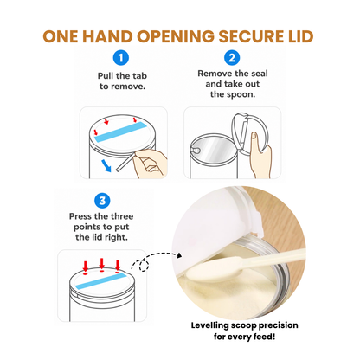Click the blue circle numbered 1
point(120,58)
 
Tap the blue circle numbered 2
point(232,58)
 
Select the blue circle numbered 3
point(102,201)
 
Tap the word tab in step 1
point(139,76)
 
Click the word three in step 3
point(122,216)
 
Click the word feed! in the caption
point(264,337)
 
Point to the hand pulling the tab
point(150,164)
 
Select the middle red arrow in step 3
point(101,264)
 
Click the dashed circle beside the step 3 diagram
point(145,266)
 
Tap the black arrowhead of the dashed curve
point(179,255)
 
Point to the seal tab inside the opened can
point(196,150)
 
